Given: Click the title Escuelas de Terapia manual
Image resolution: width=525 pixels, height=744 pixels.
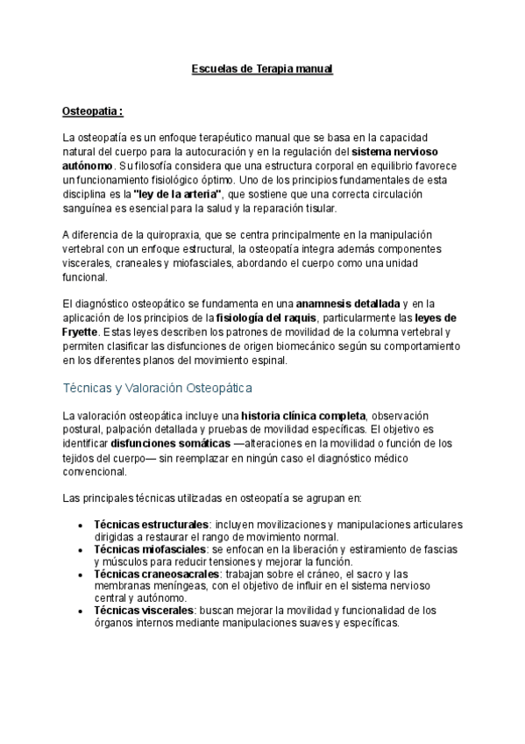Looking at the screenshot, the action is pyautogui.click(x=262, y=68).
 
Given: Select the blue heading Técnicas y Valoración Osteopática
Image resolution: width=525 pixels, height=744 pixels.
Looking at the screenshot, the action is pyautogui.click(x=158, y=387).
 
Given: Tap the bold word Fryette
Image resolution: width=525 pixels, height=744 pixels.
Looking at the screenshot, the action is pyautogui.click(x=82, y=332).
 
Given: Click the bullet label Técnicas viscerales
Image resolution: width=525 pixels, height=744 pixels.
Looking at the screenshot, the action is pyautogui.click(x=144, y=610).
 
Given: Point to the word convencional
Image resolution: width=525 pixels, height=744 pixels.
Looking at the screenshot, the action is pyautogui.click(x=95, y=471).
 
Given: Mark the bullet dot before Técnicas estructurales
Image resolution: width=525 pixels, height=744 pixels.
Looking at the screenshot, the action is pyautogui.click(x=81, y=525).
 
